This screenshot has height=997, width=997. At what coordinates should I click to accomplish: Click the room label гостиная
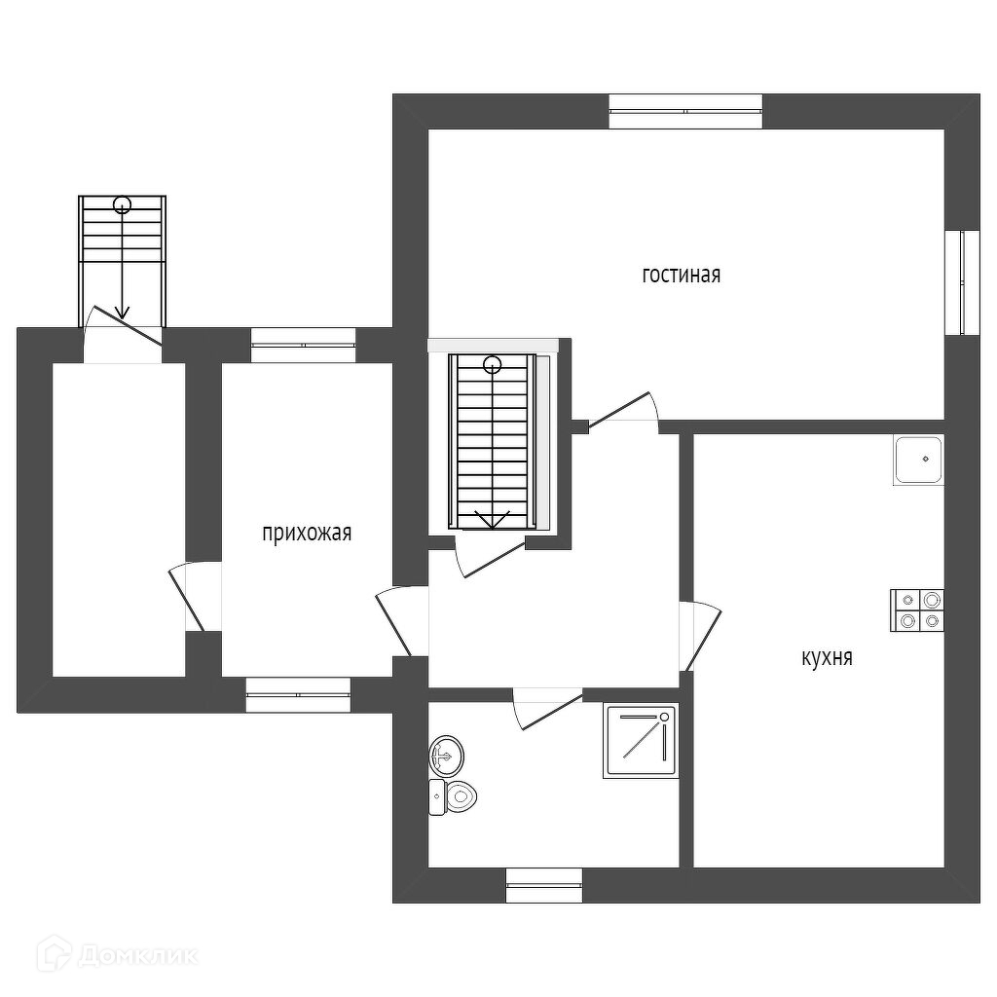[681, 275]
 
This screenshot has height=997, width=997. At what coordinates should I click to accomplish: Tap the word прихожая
[306, 533]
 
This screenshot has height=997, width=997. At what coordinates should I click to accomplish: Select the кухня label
[827, 658]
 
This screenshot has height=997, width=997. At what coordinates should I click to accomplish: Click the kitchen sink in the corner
[918, 460]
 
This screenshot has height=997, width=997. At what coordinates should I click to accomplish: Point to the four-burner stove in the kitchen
[917, 610]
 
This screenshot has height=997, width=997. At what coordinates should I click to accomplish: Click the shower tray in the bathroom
[640, 742]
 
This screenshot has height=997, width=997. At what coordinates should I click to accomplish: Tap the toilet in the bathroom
[454, 796]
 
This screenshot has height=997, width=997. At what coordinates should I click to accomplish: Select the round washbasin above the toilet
[447, 754]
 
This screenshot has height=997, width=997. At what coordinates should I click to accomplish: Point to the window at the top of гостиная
[685, 111]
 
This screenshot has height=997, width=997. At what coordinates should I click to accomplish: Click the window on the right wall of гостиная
[963, 282]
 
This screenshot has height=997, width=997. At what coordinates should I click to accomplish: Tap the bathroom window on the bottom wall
[543, 885]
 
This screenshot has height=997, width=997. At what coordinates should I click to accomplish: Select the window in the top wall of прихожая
[303, 346]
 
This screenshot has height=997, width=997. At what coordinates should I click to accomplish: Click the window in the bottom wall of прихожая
[297, 695]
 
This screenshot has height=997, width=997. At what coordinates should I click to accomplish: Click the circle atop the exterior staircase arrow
[122, 204]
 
